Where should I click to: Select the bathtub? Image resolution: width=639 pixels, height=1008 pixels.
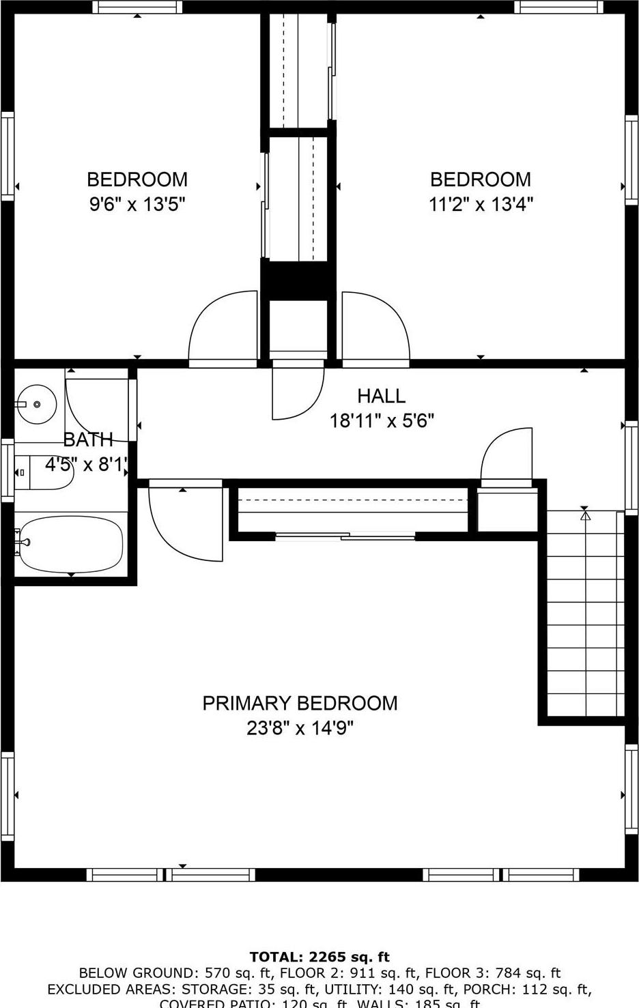click(70, 545)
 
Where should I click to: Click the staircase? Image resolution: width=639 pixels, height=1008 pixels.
click(585, 614)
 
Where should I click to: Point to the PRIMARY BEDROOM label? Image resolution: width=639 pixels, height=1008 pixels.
click(300, 703)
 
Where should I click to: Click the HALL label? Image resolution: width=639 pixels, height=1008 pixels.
click(381, 396)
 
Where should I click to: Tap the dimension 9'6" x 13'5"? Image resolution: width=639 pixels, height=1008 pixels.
click(137, 204)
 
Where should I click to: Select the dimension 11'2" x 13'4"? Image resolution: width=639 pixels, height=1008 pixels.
click(481, 204)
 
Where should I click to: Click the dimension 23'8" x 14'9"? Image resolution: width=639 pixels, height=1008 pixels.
click(300, 728)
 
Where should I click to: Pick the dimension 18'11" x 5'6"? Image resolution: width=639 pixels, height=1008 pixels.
click(382, 420)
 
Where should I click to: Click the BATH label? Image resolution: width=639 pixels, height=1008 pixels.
click(87, 440)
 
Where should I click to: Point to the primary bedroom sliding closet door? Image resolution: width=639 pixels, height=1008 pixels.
click(345, 536)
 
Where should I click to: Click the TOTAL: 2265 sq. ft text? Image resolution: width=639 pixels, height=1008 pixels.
click(319, 957)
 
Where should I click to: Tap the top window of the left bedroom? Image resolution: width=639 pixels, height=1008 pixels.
click(137, 7)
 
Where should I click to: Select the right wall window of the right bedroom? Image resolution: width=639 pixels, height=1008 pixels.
click(632, 158)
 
